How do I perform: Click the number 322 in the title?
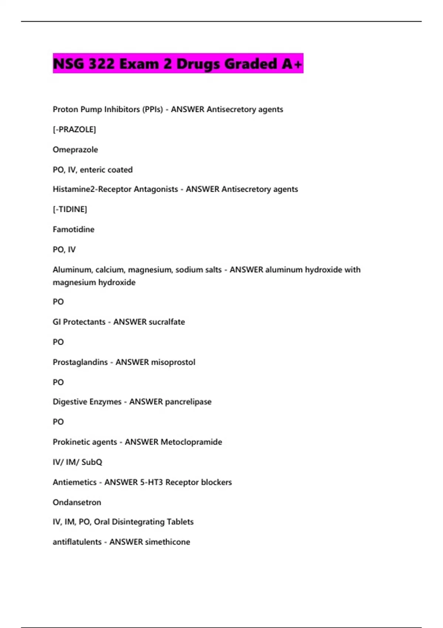point(102,64)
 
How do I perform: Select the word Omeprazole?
point(75,150)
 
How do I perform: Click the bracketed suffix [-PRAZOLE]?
point(74,129)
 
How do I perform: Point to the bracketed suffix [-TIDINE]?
point(70,209)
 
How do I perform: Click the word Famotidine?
point(73,229)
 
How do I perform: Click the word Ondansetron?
point(77,502)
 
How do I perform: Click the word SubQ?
point(92,462)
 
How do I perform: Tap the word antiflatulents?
point(77,542)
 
